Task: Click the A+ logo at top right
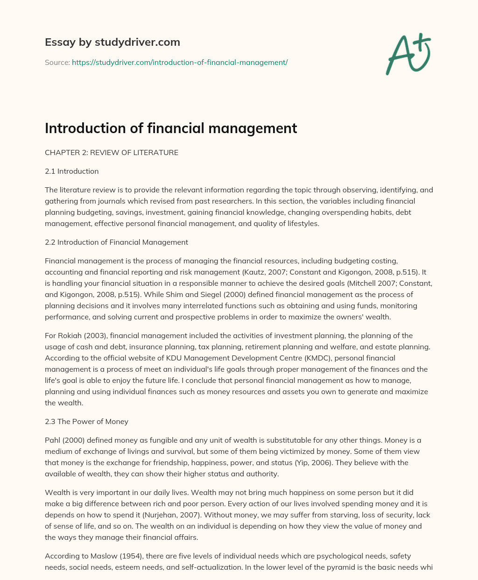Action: click(x=408, y=54)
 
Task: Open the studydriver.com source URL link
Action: click(x=180, y=62)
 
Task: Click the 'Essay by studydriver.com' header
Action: click(x=112, y=42)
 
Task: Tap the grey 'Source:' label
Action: click(x=57, y=62)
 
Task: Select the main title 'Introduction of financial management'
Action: click(x=171, y=127)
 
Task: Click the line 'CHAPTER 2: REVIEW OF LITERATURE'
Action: click(x=112, y=152)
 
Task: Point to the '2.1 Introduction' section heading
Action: click(x=71, y=171)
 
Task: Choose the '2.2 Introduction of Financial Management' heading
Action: click(x=116, y=242)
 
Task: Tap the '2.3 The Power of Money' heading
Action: click(x=86, y=421)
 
